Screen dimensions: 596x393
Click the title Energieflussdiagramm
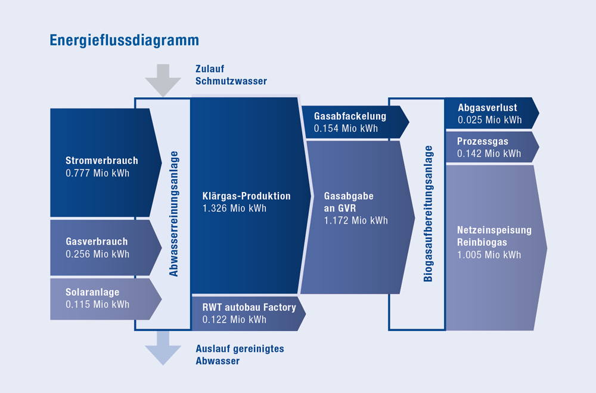click(125, 41)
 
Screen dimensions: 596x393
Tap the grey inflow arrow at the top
click(163, 81)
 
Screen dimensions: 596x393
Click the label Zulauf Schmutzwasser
click(231, 75)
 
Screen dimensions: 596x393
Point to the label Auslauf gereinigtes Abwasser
click(240, 355)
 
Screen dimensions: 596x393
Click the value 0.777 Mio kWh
click(98, 173)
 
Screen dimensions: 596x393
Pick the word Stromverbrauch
click(102, 160)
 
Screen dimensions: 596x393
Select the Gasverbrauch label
click(97, 242)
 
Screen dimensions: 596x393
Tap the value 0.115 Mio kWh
click(98, 304)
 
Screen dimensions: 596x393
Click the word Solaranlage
click(92, 292)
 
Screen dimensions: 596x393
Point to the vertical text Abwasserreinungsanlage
click(173, 214)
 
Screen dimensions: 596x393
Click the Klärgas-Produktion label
click(246, 196)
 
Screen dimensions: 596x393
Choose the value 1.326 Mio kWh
click(234, 209)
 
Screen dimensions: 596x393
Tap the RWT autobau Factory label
click(249, 307)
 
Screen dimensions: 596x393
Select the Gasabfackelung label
click(350, 116)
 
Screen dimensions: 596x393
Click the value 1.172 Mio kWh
click(356, 221)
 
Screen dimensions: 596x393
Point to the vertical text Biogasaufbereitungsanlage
click(428, 214)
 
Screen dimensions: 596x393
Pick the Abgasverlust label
click(488, 108)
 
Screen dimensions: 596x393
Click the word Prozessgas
click(483, 141)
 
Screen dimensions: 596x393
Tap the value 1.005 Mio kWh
click(489, 255)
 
